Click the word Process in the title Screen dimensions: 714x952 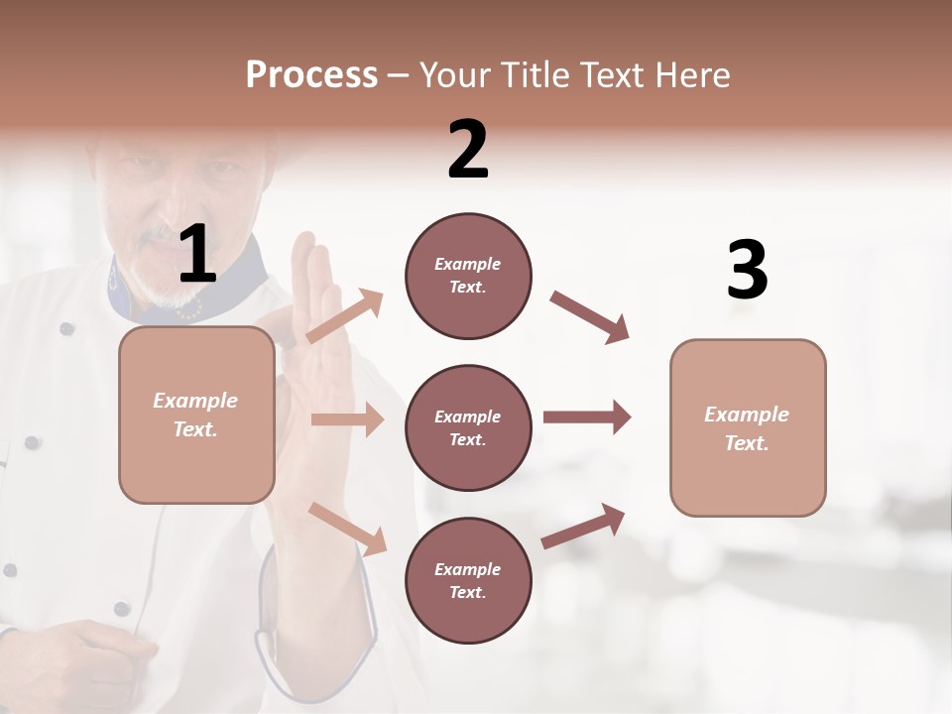coord(311,75)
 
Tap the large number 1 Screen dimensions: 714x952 coord(197,255)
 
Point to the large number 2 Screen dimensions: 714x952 coord(468,150)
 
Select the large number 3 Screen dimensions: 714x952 coord(747,271)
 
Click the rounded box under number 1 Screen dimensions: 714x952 coord(196,415)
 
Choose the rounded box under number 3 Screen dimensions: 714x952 coord(748,427)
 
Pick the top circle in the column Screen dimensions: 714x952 coord(468,276)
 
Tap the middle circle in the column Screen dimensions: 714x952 coord(468,427)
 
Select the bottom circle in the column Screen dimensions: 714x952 coord(468,580)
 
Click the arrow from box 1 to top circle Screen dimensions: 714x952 coord(345,315)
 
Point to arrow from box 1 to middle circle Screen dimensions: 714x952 coord(347,419)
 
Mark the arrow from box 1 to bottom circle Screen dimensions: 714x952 coord(347,528)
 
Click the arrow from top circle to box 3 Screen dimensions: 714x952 coord(590,317)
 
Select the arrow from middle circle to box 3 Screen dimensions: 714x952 coord(587,416)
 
